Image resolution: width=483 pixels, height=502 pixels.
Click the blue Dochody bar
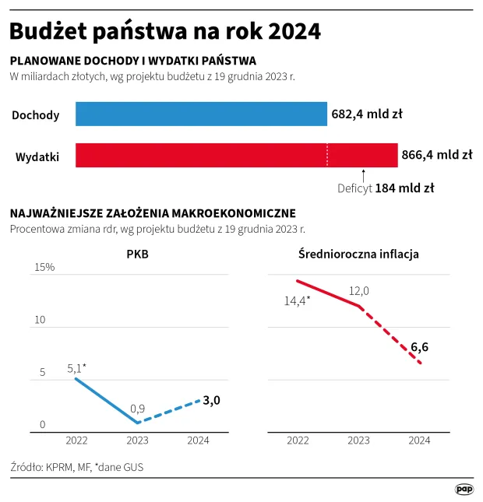click(x=201, y=114)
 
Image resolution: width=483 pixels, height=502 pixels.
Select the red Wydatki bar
click(x=236, y=155)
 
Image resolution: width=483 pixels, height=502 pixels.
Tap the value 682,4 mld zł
click(x=367, y=114)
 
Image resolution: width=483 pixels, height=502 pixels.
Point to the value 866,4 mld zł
click(x=436, y=155)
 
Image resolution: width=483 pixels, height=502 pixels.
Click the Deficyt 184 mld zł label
click(x=386, y=188)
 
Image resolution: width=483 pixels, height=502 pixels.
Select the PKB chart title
click(x=137, y=254)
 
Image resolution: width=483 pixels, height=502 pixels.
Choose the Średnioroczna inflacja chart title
click(x=359, y=254)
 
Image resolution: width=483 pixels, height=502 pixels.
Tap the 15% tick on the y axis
click(x=44, y=268)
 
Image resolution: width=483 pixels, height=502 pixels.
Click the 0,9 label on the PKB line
click(x=137, y=408)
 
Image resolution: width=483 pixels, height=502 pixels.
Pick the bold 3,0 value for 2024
click(x=211, y=400)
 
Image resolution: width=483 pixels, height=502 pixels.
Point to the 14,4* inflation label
click(x=297, y=299)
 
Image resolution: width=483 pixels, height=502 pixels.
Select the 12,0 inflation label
click(x=358, y=290)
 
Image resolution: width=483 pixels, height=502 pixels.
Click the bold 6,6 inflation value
click(x=420, y=346)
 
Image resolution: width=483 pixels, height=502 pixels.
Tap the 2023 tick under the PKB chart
click(x=138, y=441)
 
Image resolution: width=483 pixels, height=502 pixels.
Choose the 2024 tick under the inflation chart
click(x=419, y=441)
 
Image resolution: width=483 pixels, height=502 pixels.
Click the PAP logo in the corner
click(x=464, y=489)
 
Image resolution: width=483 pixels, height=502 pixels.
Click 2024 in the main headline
click(x=294, y=31)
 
